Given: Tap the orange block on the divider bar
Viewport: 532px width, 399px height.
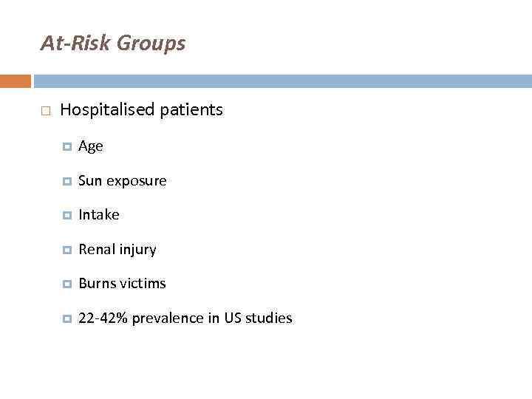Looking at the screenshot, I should (16, 81).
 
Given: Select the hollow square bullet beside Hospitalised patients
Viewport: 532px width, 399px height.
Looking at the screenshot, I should (45, 111).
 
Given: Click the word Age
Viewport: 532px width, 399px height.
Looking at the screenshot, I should (91, 147).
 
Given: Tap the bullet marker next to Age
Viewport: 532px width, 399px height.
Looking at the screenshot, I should (66, 147).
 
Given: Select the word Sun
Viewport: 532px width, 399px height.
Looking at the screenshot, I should (90, 181).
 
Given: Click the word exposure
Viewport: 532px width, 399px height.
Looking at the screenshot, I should (137, 181).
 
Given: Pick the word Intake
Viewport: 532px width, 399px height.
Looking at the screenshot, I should (98, 215).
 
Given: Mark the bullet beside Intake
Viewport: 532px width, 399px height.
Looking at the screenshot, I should (66, 216).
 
